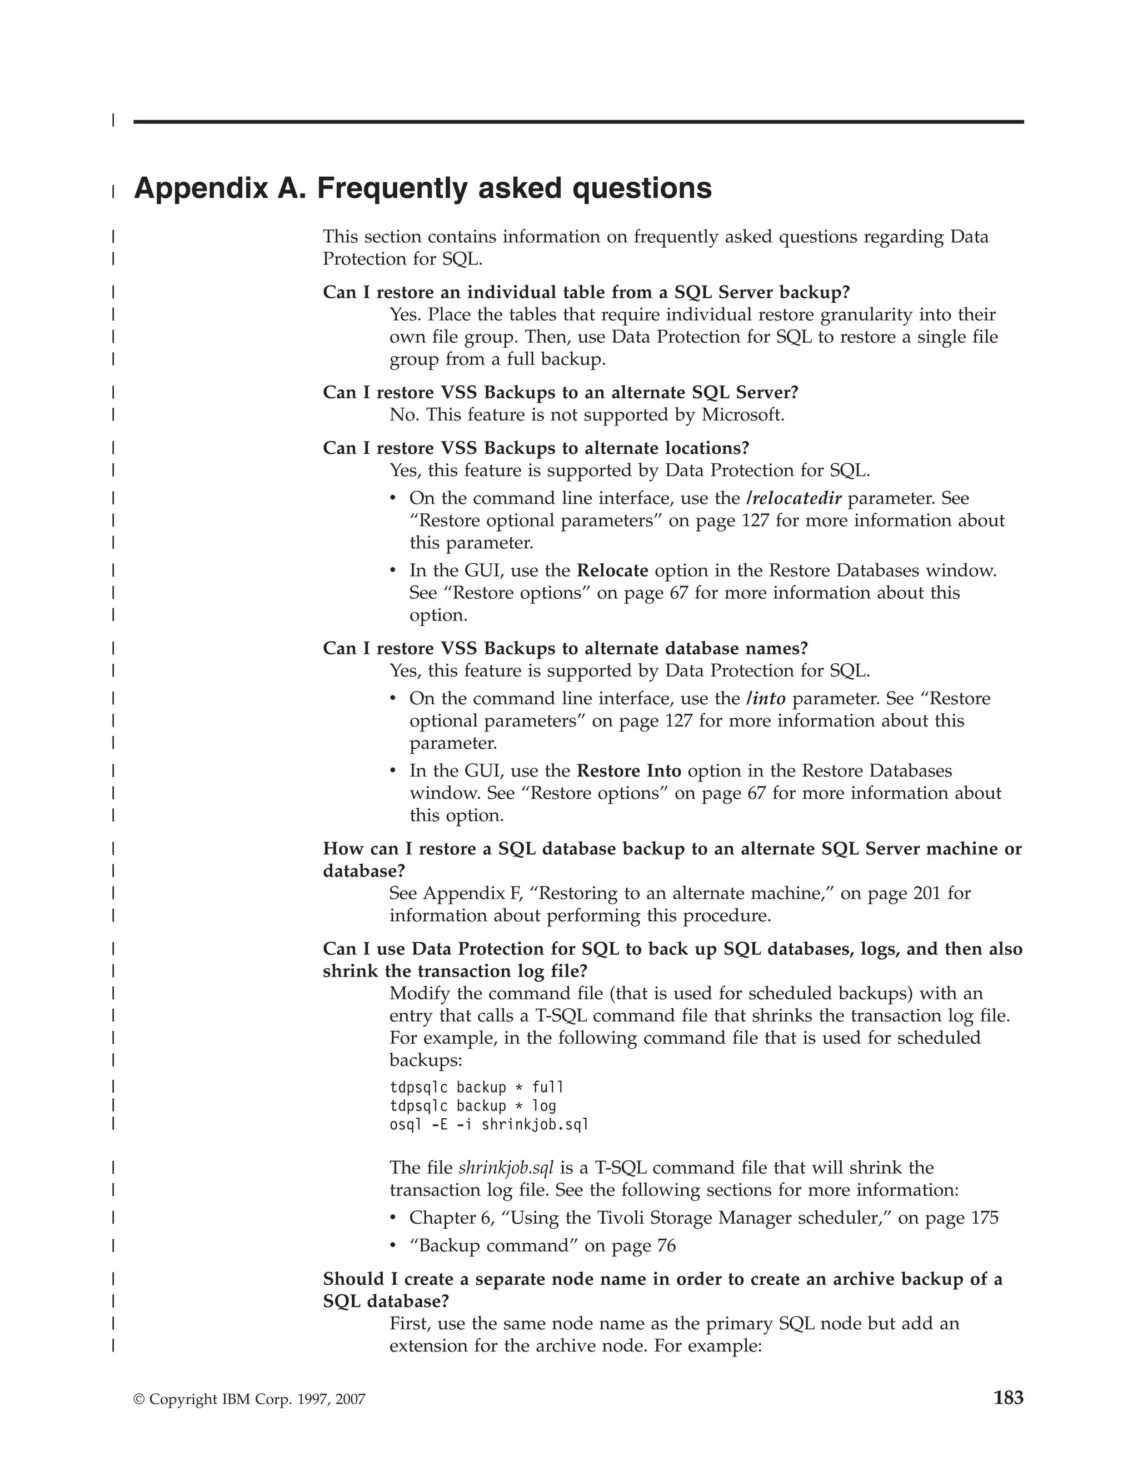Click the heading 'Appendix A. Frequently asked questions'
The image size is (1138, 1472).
[423, 188]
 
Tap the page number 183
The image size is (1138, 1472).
[1008, 1398]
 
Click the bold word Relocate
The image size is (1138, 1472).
[612, 570]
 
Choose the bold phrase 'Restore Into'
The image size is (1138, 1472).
[629, 770]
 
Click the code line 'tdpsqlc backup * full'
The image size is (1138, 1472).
[476, 1087]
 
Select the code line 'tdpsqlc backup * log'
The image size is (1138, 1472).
[473, 1105]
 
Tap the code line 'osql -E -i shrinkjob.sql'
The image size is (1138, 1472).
[489, 1124]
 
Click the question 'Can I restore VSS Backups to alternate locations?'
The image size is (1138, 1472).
[536, 448]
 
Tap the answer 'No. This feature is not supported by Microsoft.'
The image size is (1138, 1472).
[587, 414]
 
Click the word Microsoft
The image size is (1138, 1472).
[742, 414]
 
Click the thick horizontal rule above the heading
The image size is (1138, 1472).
[578, 122]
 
